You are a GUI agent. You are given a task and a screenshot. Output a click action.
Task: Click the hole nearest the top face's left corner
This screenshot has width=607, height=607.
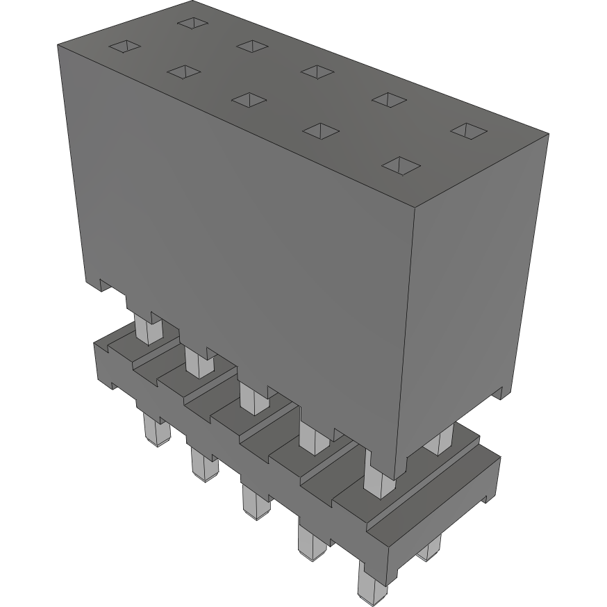[x=125, y=47]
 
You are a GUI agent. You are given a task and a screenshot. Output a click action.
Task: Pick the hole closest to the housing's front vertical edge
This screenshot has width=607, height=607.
[x=401, y=165]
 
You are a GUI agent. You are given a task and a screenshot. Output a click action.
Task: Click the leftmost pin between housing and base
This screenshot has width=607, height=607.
[x=148, y=328]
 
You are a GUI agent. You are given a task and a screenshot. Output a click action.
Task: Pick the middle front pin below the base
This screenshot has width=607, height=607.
[x=255, y=501]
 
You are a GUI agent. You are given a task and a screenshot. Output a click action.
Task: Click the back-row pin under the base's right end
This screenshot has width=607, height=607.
[x=430, y=549]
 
